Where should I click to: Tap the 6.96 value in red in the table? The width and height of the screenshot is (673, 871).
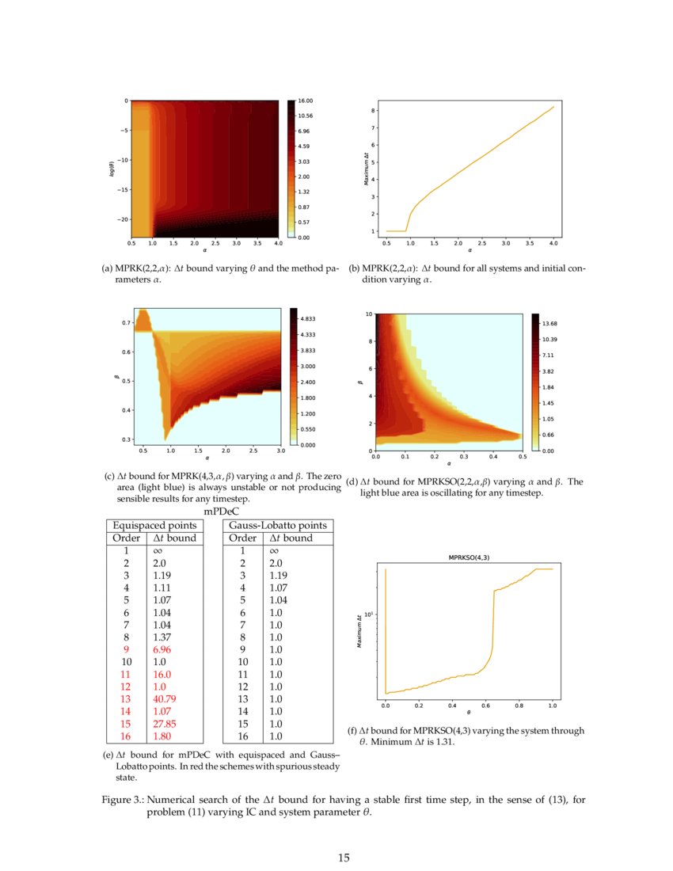162,648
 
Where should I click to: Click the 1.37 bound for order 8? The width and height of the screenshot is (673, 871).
162,635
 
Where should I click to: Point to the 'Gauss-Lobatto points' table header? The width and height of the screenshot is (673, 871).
277,526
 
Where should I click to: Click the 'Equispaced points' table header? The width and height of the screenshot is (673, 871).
155,526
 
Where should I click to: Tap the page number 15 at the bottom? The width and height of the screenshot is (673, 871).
343,858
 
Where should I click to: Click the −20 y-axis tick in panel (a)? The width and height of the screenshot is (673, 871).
121,219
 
